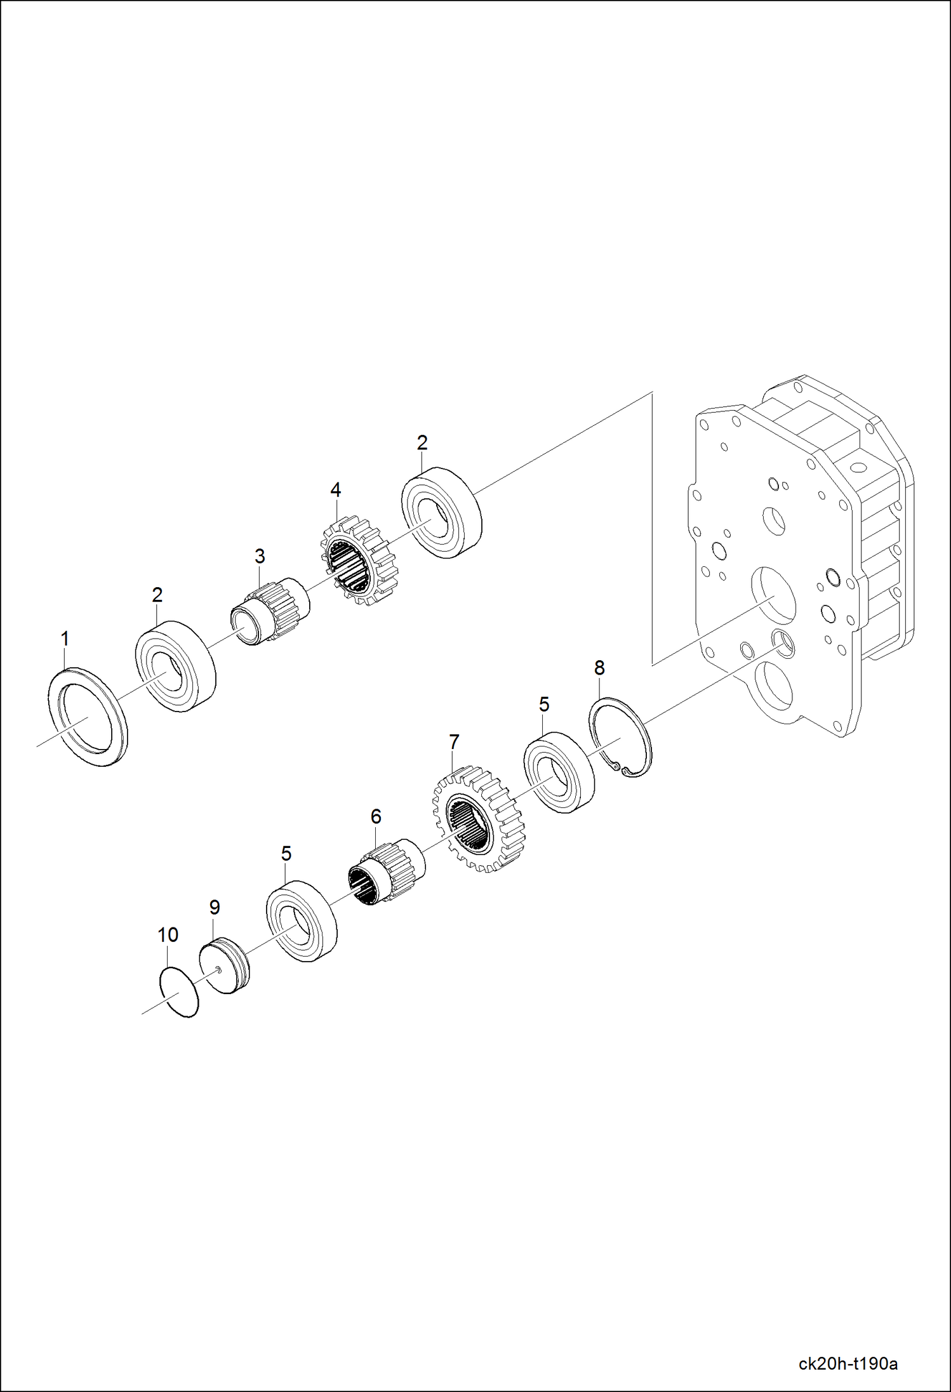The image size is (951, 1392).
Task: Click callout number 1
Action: click(x=65, y=639)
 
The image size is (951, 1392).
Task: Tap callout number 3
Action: click(x=260, y=556)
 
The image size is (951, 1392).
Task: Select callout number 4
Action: click(x=335, y=490)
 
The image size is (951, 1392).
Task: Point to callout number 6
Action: click(x=376, y=816)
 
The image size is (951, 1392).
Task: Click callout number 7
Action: click(x=454, y=741)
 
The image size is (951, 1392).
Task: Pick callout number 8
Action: click(x=599, y=668)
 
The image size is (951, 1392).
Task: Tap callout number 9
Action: click(x=215, y=908)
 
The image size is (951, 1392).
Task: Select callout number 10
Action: click(x=168, y=935)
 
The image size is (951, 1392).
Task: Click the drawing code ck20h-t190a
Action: click(x=848, y=1364)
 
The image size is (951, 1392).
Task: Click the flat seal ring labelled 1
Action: click(x=88, y=716)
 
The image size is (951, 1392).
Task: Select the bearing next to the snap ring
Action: click(x=559, y=772)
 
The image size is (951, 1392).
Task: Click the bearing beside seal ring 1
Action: click(x=175, y=666)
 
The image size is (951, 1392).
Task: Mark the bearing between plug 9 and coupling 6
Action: click(x=301, y=920)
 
